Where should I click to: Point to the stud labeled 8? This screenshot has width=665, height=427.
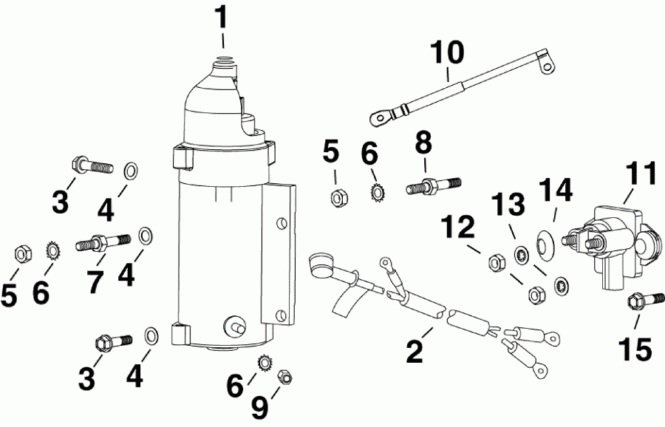pos(433,185)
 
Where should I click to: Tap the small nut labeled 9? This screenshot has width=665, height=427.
pos(284,378)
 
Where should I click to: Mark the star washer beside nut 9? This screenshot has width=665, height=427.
pos(262,363)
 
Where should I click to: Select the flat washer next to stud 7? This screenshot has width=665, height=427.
pos(146,236)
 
